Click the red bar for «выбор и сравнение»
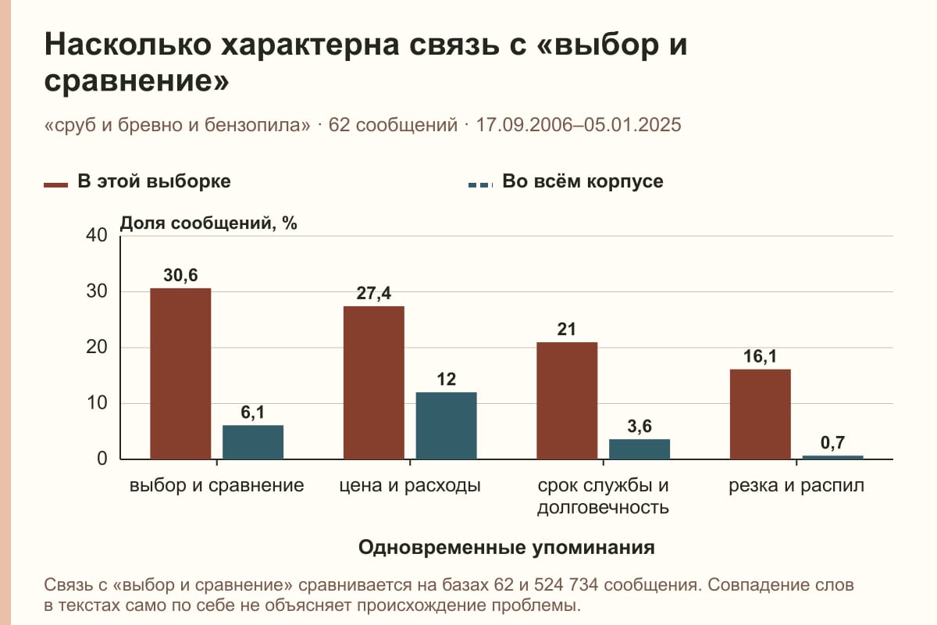(x=180, y=373)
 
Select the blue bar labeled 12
(x=446, y=426)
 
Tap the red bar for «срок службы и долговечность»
(x=567, y=401)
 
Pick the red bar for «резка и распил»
(x=761, y=414)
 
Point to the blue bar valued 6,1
(x=253, y=442)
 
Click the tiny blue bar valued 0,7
(x=833, y=457)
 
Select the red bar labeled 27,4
(x=374, y=383)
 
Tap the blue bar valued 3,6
(x=640, y=449)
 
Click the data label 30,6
(x=180, y=275)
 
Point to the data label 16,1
(x=760, y=356)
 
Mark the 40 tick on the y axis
(x=97, y=235)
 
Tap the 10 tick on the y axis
(x=97, y=403)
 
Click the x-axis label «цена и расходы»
(x=410, y=486)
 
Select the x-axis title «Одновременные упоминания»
(x=507, y=548)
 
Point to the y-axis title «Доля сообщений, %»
(x=208, y=223)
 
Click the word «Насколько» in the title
(x=128, y=45)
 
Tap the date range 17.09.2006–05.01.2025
(x=579, y=125)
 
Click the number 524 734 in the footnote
(x=566, y=585)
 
